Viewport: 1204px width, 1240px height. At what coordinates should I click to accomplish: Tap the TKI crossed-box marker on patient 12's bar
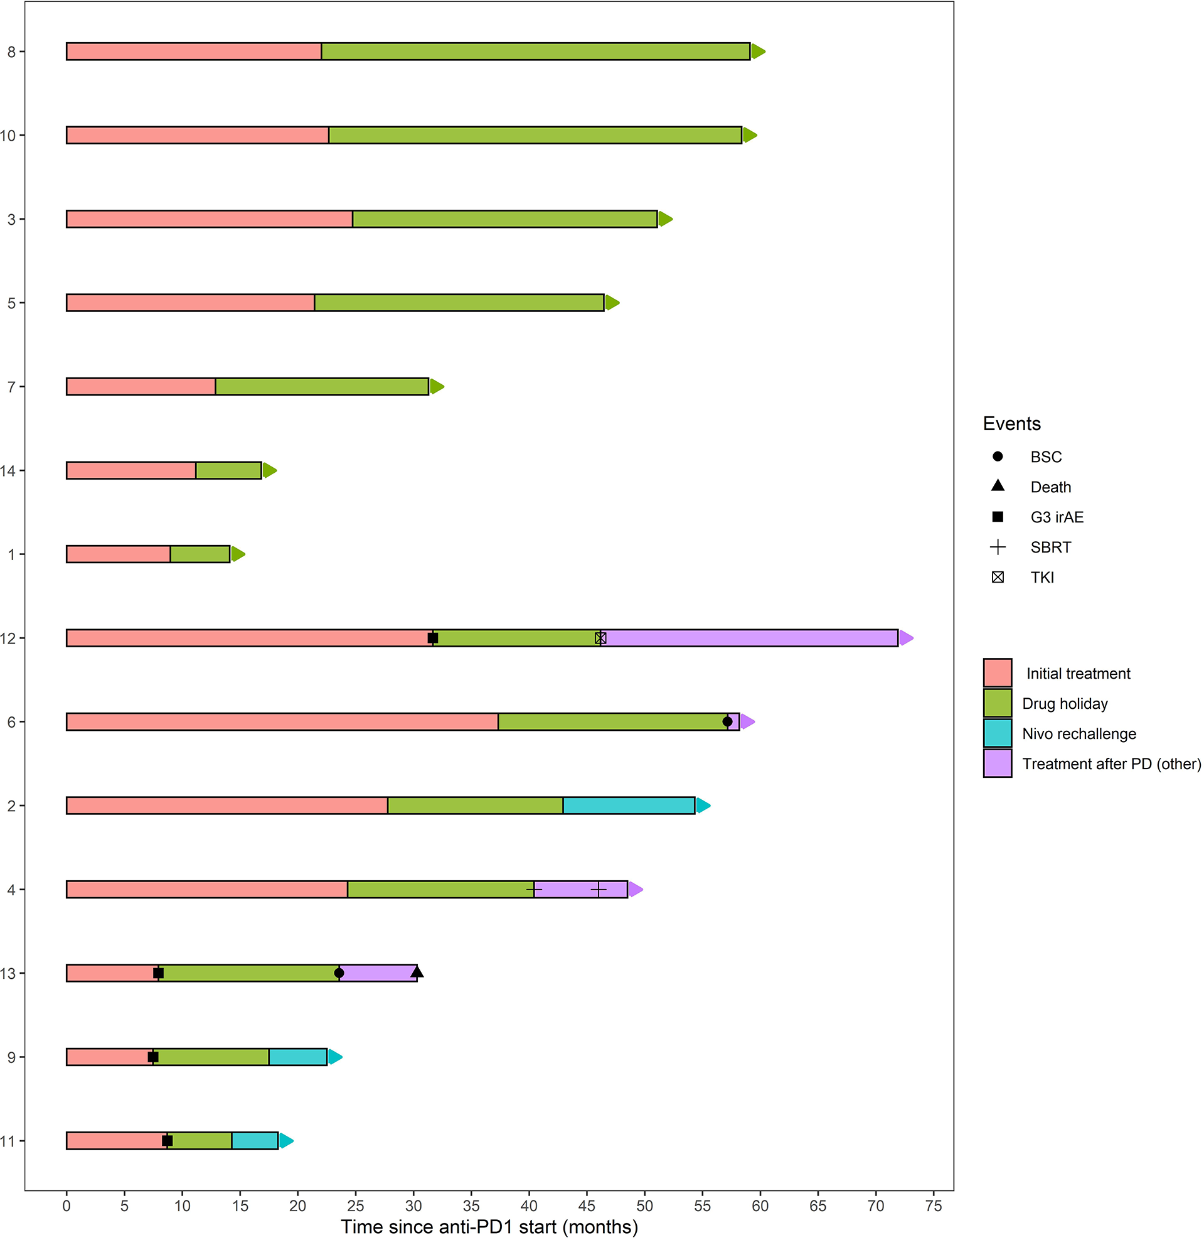[600, 639]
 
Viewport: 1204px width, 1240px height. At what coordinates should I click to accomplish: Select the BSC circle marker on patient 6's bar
[727, 722]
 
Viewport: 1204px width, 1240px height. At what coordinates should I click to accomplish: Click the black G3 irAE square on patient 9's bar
[153, 1057]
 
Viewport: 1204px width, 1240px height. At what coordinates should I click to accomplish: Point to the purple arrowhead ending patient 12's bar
[906, 639]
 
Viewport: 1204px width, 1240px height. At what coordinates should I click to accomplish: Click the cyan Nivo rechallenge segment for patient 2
[629, 806]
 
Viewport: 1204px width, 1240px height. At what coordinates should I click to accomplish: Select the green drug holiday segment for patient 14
[228, 471]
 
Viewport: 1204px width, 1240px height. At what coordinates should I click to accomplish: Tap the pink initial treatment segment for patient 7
[141, 387]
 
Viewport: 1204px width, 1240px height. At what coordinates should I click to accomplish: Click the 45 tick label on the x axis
[586, 1207]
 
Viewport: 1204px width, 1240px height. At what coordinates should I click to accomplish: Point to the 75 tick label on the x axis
[934, 1207]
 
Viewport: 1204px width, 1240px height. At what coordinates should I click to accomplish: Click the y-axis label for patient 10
[8, 136]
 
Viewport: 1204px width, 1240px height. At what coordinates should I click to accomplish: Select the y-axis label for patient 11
[8, 1141]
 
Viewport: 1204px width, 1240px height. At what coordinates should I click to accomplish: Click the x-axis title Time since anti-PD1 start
[489, 1227]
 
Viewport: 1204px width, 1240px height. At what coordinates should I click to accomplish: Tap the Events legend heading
[1012, 424]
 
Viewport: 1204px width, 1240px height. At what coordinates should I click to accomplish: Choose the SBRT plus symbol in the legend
[998, 547]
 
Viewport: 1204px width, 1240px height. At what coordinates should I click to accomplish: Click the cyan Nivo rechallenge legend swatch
[998, 734]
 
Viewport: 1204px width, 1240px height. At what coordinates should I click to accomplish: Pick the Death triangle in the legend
[998, 486]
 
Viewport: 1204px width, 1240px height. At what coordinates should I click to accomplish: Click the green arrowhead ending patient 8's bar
[758, 52]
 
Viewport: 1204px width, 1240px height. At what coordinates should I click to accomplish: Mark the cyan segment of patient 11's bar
[255, 1141]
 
